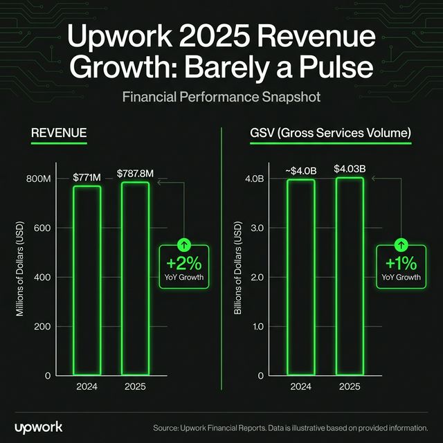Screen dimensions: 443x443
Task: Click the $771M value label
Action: [87, 178]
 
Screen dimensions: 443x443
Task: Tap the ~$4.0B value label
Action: [299, 170]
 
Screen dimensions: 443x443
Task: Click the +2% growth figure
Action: [184, 264]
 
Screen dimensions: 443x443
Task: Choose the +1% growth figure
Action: [401, 264]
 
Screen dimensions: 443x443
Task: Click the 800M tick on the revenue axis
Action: [39, 179]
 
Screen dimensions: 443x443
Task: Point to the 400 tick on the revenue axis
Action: [43, 277]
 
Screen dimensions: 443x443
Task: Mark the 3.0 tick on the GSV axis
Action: [258, 228]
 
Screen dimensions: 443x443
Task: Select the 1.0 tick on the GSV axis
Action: [258, 326]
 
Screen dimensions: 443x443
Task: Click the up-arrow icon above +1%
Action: [401, 245]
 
